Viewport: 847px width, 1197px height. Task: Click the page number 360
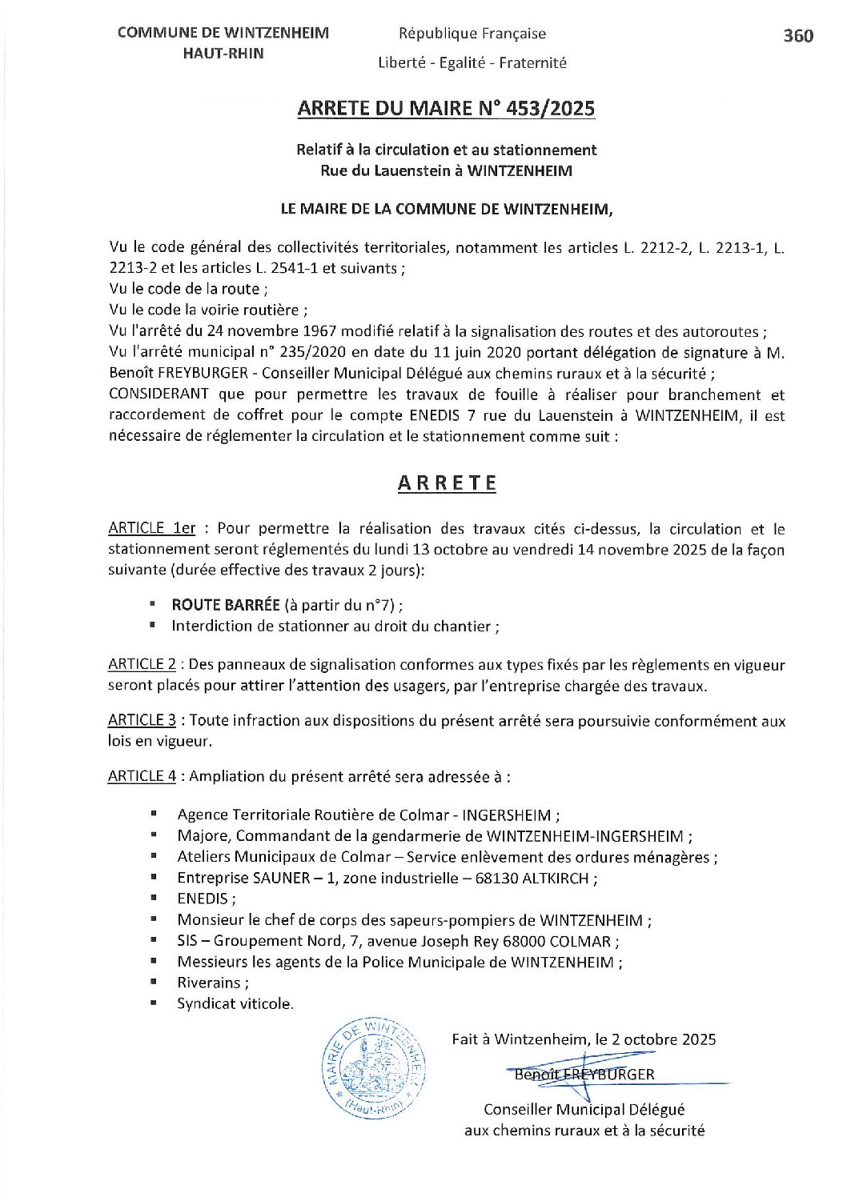(x=797, y=36)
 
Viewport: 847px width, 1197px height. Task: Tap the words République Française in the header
(x=472, y=34)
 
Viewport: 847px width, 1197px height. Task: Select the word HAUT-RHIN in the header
(x=223, y=54)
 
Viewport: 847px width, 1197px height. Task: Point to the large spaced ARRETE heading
(x=447, y=483)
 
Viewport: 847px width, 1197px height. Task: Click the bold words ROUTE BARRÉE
(x=226, y=605)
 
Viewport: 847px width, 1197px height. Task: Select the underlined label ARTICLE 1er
(x=151, y=528)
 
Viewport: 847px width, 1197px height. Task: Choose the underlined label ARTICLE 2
(x=142, y=664)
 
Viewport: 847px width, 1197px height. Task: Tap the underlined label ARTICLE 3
(x=142, y=720)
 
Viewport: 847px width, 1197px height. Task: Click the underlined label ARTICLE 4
(x=142, y=776)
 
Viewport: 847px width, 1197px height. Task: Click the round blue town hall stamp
(x=374, y=1069)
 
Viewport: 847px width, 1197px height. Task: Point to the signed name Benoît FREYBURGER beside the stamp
(x=584, y=1075)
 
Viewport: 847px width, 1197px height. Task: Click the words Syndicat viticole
(x=235, y=1003)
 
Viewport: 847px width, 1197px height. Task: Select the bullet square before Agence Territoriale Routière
(x=153, y=815)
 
